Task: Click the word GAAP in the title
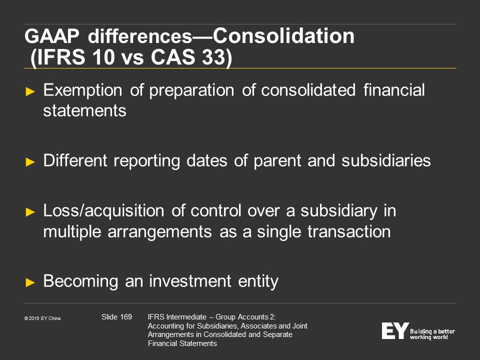pyautogui.click(x=51, y=36)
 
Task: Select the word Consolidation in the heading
pyautogui.click(x=283, y=36)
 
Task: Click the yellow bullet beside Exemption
pyautogui.click(x=30, y=91)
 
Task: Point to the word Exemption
pyautogui.click(x=82, y=90)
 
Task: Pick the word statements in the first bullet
pyautogui.click(x=85, y=110)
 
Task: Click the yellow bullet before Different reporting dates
pyautogui.click(x=30, y=161)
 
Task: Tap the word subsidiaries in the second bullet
pyautogui.click(x=386, y=160)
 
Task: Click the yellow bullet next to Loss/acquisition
pyautogui.click(x=30, y=212)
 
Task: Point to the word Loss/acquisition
pyautogui.click(x=104, y=211)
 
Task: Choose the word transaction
pyautogui.click(x=349, y=231)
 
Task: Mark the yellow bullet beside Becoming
pyautogui.click(x=30, y=282)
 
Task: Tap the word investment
pyautogui.click(x=190, y=281)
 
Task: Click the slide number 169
pyautogui.click(x=126, y=317)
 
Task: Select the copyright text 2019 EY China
pyautogui.click(x=44, y=318)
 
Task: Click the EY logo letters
pyautogui.click(x=395, y=330)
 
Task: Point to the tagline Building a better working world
pyautogui.click(x=432, y=334)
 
